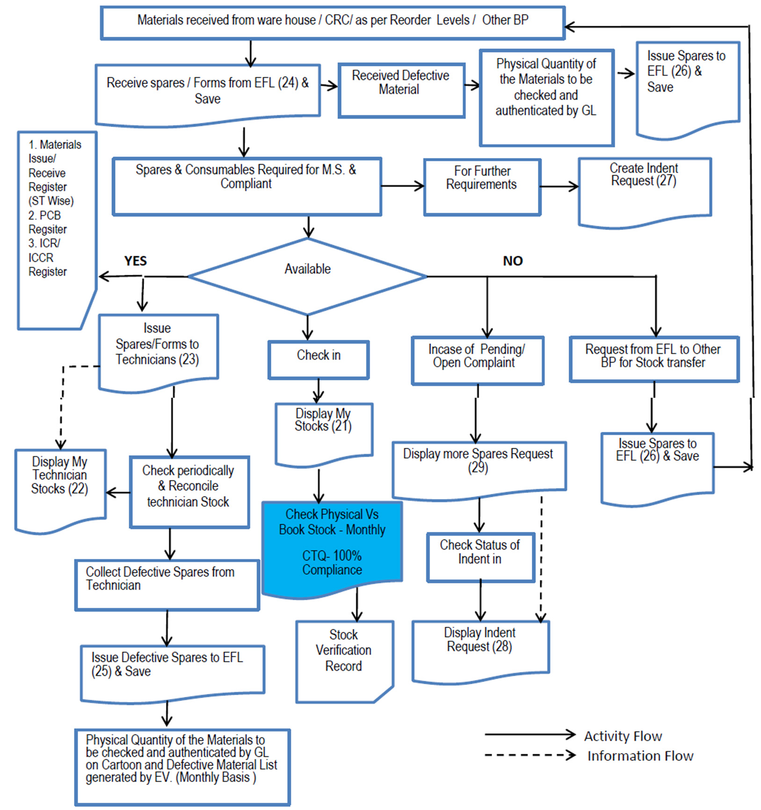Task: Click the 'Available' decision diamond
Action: pyautogui.click(x=307, y=276)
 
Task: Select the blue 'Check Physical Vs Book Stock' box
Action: pyautogui.click(x=332, y=545)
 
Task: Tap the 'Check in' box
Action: pyautogui.click(x=319, y=358)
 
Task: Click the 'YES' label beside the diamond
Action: pyautogui.click(x=135, y=261)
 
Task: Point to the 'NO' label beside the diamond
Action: pyautogui.click(x=513, y=261)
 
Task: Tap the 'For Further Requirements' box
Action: pyautogui.click(x=482, y=186)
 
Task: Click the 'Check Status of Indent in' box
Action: pyautogui.click(x=480, y=557)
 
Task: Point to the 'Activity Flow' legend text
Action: pyautogui.click(x=623, y=736)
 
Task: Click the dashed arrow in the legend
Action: pyautogui.click(x=529, y=755)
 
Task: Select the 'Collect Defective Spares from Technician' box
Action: pyautogui.click(x=167, y=584)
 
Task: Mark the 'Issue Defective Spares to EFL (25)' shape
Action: pyautogui.click(x=172, y=671)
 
